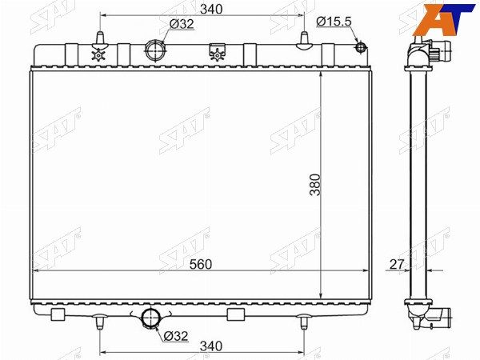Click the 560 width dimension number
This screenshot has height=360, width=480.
click(201, 264)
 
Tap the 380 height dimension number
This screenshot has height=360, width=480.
click(314, 185)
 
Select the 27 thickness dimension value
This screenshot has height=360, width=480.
click(397, 264)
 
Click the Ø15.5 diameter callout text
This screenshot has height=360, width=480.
click(334, 22)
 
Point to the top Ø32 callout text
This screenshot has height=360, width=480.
click(182, 23)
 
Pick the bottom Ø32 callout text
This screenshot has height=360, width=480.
click(176, 336)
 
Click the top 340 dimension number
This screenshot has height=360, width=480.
click(211, 9)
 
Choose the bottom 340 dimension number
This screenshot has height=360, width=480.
click(211, 346)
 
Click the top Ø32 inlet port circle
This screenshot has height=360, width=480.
click(155, 50)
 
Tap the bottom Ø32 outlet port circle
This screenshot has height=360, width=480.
click(151, 318)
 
